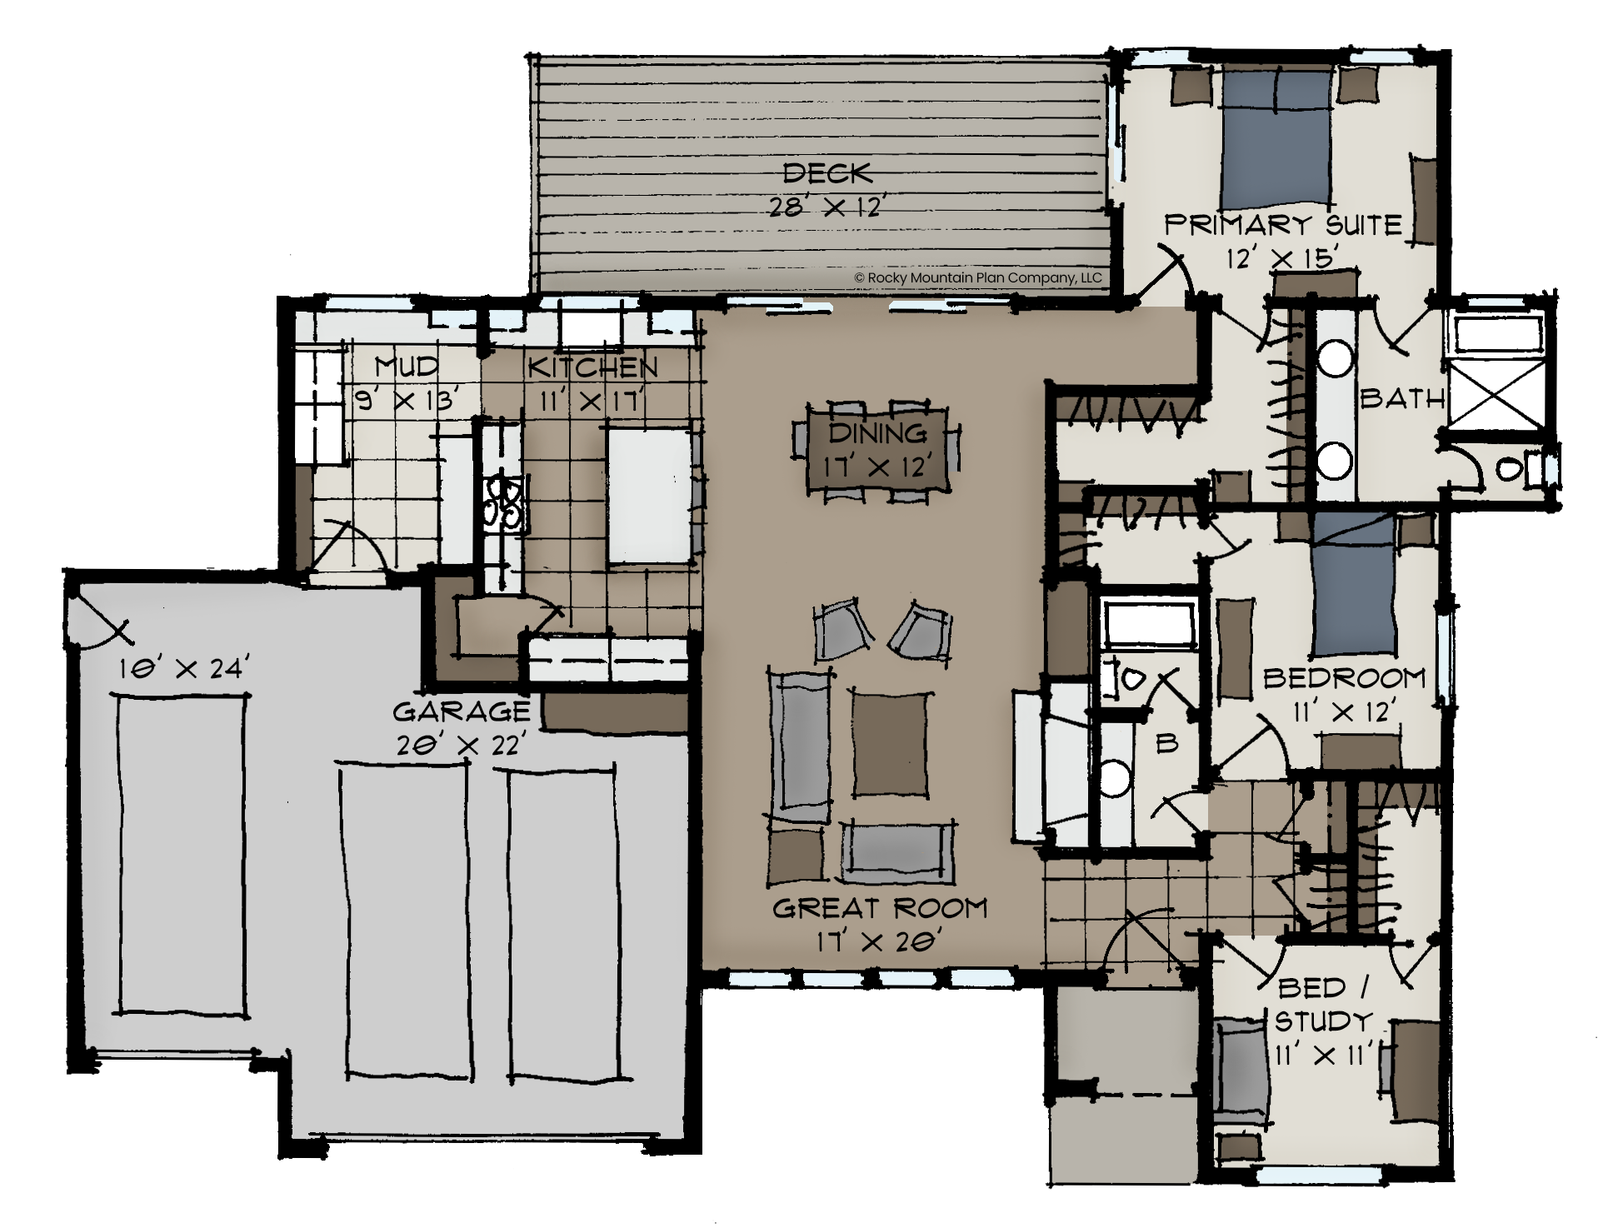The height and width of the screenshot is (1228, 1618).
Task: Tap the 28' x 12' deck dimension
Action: [x=826, y=206]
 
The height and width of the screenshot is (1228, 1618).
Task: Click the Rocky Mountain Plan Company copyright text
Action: [x=978, y=277]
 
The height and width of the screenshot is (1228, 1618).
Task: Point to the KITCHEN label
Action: [x=592, y=367]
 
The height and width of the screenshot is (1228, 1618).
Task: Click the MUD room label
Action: [x=406, y=366]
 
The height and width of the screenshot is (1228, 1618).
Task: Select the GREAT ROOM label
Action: [x=880, y=907]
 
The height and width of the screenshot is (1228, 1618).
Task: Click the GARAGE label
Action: [x=461, y=711]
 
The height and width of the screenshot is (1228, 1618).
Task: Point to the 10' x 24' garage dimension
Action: [x=183, y=668]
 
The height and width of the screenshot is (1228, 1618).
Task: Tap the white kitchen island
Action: [x=648, y=495]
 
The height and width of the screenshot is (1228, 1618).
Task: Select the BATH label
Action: [x=1402, y=398]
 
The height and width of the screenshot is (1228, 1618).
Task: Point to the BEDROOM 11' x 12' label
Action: [x=1344, y=694]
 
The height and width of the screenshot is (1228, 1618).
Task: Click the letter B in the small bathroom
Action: [x=1167, y=743]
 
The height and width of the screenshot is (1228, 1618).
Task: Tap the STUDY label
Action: [x=1323, y=1021]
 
